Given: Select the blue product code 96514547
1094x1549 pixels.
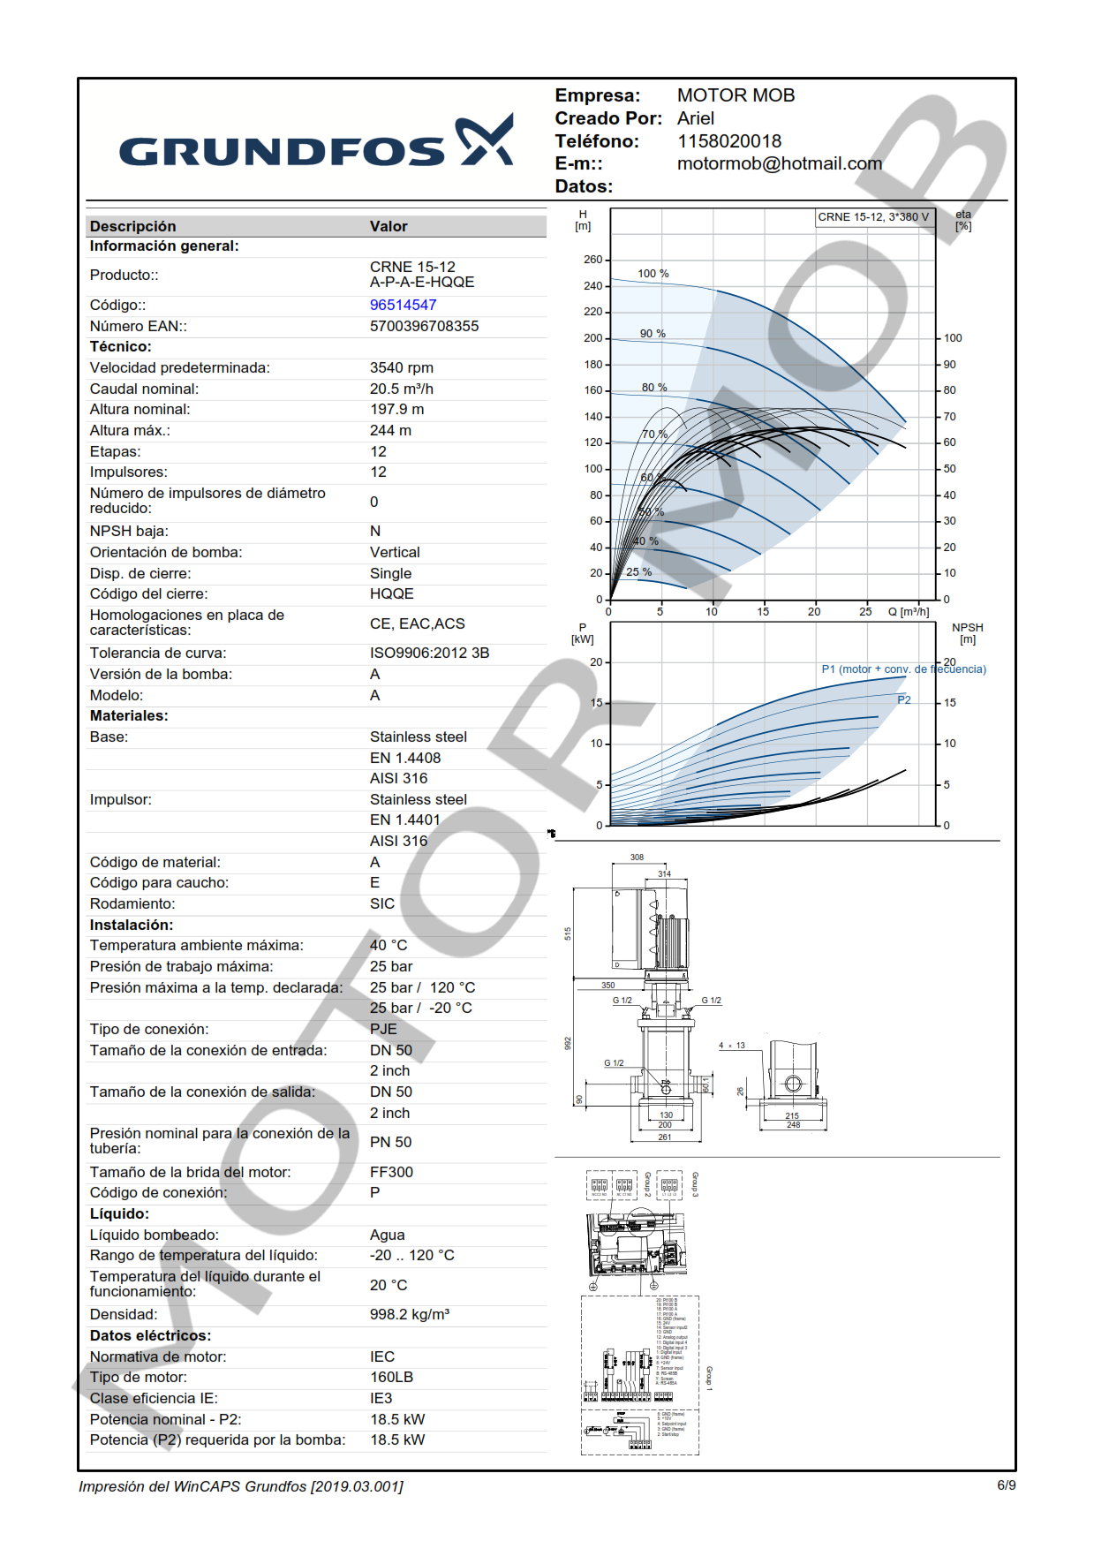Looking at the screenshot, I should coord(403,305).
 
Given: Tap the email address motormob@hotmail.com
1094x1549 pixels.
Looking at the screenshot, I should coord(779,163).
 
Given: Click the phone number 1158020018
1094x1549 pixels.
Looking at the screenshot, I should coord(728,141).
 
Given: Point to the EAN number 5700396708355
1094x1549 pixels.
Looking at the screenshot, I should coord(424,326).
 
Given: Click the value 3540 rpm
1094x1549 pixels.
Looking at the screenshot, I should coord(401,367).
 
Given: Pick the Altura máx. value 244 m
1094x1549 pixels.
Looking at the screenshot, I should coord(390,430).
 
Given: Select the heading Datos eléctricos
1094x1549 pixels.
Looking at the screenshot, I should coord(150,1335).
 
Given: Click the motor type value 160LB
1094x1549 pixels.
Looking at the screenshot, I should coord(391,1377).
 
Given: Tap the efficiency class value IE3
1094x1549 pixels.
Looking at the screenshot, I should coord(381,1398).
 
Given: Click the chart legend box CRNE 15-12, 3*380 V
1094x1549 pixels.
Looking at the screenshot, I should coord(873,217).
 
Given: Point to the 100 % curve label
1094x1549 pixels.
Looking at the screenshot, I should coord(653,274).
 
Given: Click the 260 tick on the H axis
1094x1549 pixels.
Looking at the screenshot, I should coord(592,260).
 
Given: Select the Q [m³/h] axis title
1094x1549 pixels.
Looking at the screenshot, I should coord(908,611).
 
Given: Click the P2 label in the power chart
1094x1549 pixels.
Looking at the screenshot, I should coord(904,699).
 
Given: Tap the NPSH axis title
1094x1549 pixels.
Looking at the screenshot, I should coord(968,633).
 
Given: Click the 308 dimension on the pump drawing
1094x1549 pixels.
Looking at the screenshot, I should coord(637,857).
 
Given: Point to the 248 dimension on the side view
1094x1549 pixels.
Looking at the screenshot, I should coord(793,1125).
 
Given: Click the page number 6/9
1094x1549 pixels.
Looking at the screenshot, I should coord(1006,1485).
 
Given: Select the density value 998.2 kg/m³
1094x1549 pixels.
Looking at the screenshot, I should coord(409,1314).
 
